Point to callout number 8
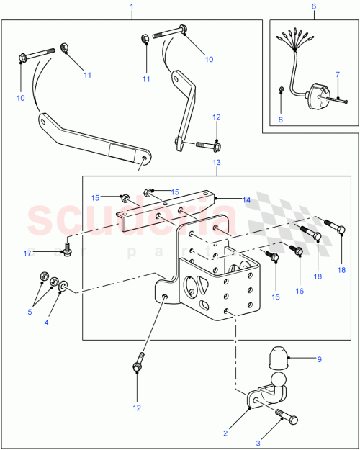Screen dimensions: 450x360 [x=282, y=110]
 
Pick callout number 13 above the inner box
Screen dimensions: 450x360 [x=216, y=164]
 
